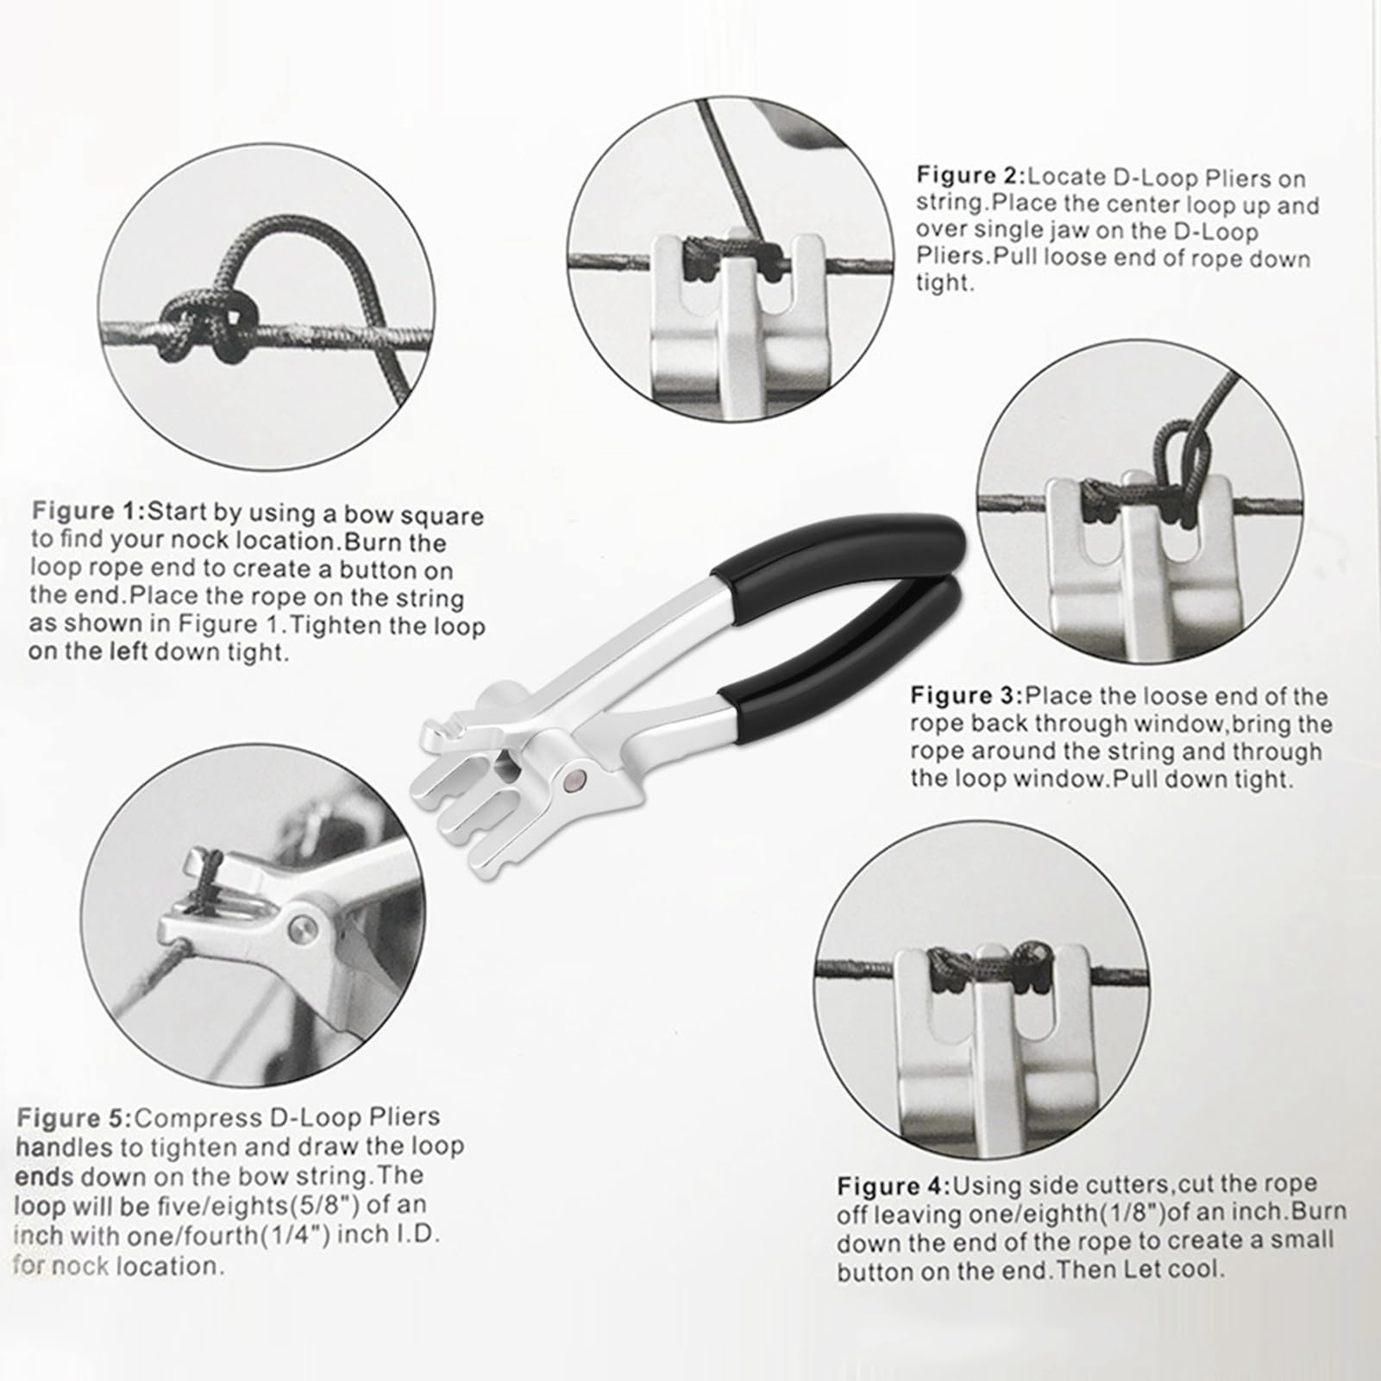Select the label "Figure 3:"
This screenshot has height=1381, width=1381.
pyautogui.click(x=967, y=695)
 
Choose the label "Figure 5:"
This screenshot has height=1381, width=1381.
pyautogui.click(x=74, y=1119)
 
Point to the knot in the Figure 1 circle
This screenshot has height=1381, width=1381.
pyautogui.click(x=201, y=327)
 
